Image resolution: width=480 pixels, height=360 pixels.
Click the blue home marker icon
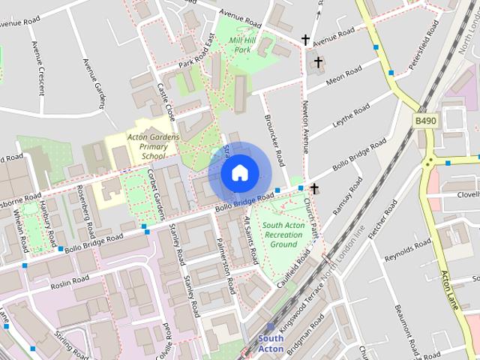click(239, 173)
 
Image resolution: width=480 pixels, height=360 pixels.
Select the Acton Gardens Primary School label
click(154, 146)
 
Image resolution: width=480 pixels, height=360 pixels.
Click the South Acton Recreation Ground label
click(283, 235)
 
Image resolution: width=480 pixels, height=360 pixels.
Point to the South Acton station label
click(270, 343)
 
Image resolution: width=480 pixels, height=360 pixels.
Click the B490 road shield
click(425, 120)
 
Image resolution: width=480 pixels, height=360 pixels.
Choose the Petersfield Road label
click(424, 46)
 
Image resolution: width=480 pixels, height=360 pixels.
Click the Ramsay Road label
click(341, 198)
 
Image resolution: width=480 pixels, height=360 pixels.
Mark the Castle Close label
click(166, 103)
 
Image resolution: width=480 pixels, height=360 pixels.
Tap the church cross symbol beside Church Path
click(314, 187)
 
